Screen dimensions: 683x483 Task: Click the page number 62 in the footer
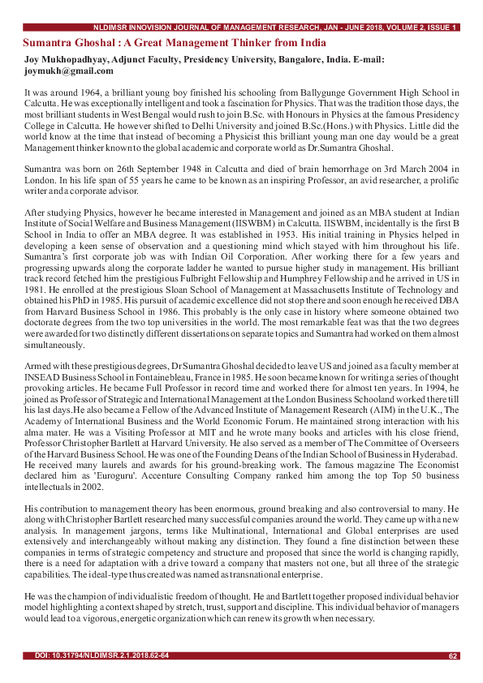click(x=453, y=655)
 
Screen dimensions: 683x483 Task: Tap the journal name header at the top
click(x=276, y=28)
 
